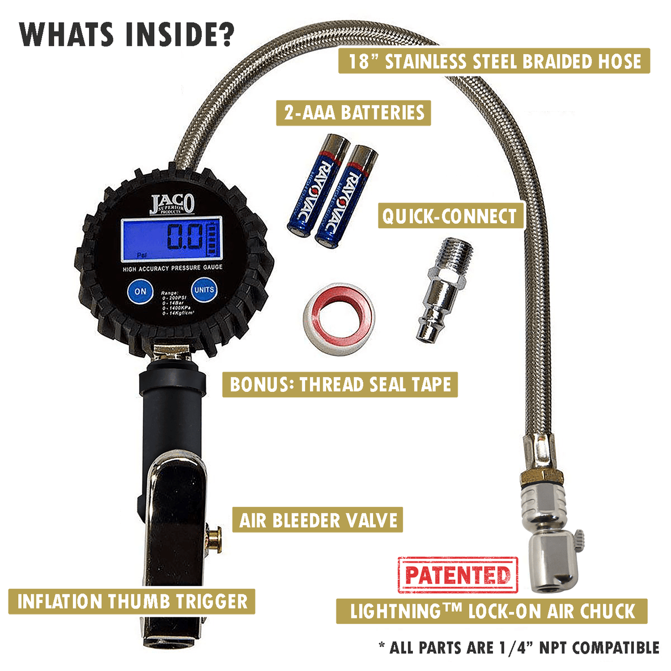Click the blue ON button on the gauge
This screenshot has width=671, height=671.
point(140,291)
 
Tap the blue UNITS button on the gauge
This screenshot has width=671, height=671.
point(204,290)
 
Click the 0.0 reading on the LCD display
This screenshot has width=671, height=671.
point(185,238)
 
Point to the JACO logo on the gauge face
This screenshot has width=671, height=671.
point(172,204)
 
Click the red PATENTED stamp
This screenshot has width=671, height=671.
point(458,575)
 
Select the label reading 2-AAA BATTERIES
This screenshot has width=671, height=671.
point(354,113)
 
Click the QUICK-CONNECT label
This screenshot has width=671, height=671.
point(450,216)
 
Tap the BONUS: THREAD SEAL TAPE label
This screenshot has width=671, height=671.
point(340,384)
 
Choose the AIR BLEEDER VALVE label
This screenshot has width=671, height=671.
point(318,520)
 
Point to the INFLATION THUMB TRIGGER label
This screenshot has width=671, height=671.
point(132,601)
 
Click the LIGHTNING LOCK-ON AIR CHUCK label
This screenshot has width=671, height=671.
point(492,611)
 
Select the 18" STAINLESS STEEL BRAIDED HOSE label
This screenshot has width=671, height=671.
point(494,61)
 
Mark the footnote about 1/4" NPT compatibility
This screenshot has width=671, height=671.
point(519,647)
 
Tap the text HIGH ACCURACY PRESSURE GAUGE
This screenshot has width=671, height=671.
point(172,268)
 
